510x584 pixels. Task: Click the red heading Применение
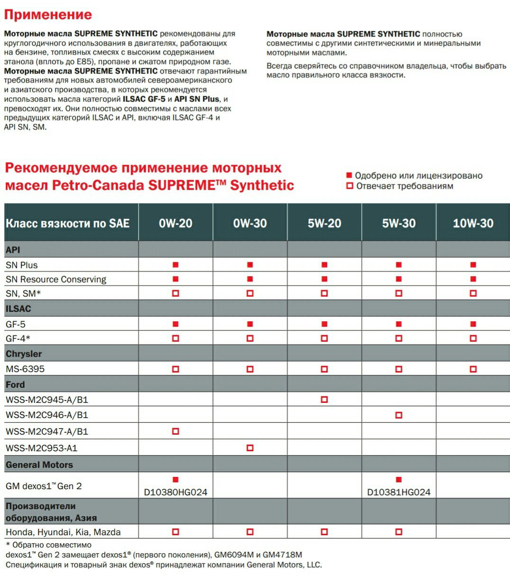pos(48,15)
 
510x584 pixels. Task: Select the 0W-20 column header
pos(175,223)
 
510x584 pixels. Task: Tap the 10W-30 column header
pos(473,223)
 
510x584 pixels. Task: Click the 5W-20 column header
pos(324,223)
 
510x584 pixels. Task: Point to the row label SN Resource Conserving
pos(56,279)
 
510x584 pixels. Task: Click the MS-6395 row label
pos(25,369)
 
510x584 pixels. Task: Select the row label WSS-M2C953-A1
pos(42,448)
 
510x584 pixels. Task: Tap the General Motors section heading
pos(39,465)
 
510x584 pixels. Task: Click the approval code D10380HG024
pos(175,492)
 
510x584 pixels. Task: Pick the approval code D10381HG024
pos(399,492)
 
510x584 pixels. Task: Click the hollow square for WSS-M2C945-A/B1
pos(324,400)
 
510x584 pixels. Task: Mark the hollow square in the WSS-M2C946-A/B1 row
pos(399,415)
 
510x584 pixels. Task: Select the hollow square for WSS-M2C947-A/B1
pos(175,431)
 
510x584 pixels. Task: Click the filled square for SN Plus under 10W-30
pos(473,265)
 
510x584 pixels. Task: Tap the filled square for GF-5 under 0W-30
pos(250,324)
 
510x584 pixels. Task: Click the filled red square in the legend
pos(349,175)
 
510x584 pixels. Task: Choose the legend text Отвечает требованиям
pos(405,186)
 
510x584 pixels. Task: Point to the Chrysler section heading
pos(24,354)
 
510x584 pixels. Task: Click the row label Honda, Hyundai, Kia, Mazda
pos(63,532)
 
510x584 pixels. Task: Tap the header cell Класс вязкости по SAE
pos(67,223)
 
